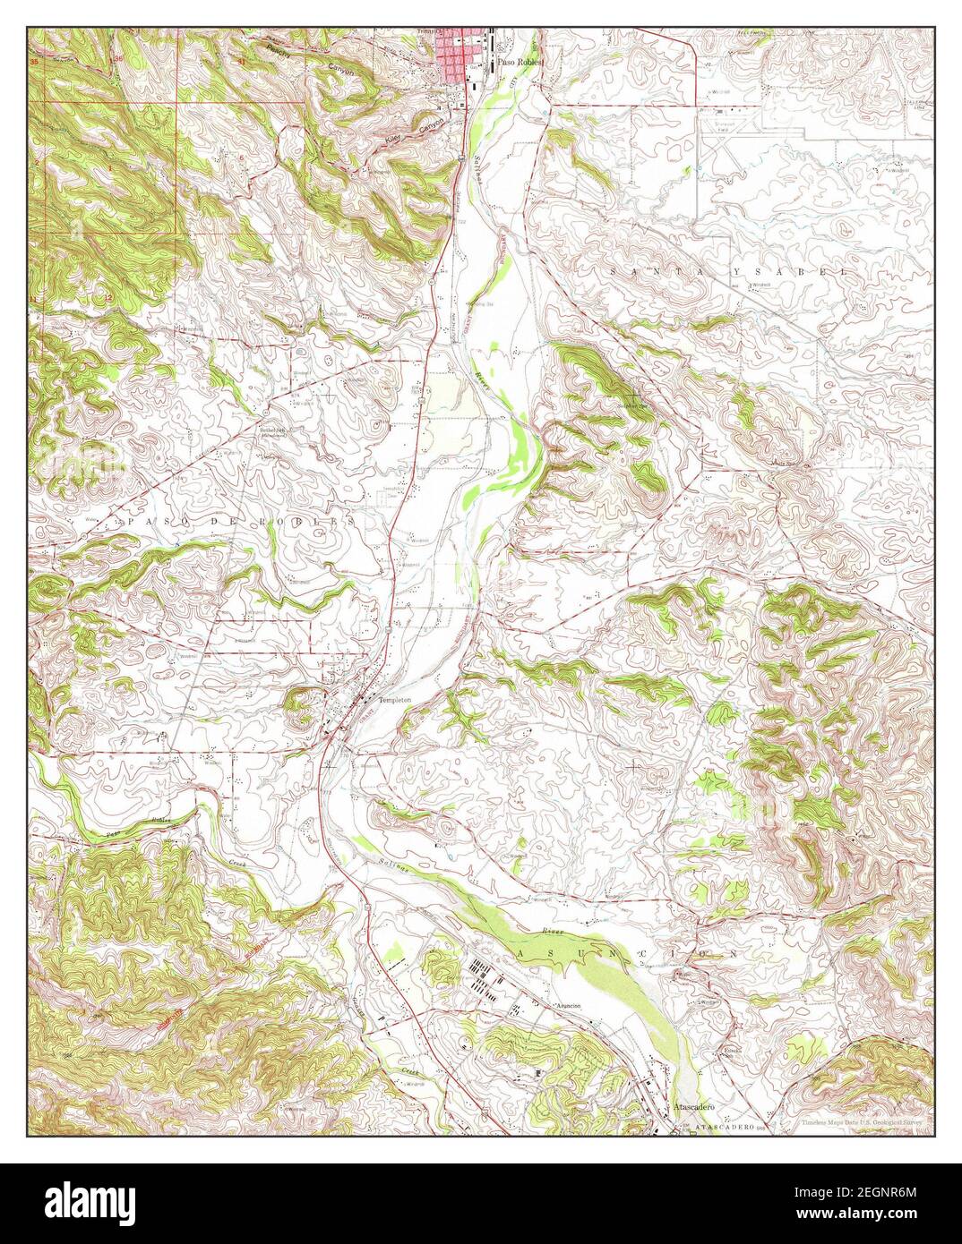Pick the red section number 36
click(x=118, y=58)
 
